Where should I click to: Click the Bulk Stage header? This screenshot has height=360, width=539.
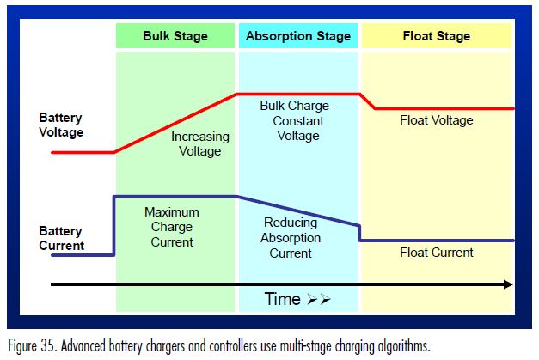pyautogui.click(x=175, y=36)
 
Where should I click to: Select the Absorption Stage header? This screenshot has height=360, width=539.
pyautogui.click(x=297, y=36)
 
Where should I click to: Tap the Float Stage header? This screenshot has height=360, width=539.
pyautogui.click(x=436, y=36)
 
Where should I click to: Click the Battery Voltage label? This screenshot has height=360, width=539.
pyautogui.click(x=61, y=125)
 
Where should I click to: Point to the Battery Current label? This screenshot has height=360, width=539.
pyautogui.click(x=61, y=238)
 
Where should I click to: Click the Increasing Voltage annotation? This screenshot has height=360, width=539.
pyautogui.click(x=199, y=143)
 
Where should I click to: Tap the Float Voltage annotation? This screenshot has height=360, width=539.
pyautogui.click(x=436, y=120)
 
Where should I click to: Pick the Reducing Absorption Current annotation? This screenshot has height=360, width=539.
pyautogui.click(x=291, y=238)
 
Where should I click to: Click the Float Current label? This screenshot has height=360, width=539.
pyautogui.click(x=436, y=253)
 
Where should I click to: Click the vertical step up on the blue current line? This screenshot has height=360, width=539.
pyautogui.click(x=114, y=225)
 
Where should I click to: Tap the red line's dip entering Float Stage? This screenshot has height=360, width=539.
pyautogui.click(x=368, y=101)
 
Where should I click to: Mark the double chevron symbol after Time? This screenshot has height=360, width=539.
pyautogui.click(x=319, y=300)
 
